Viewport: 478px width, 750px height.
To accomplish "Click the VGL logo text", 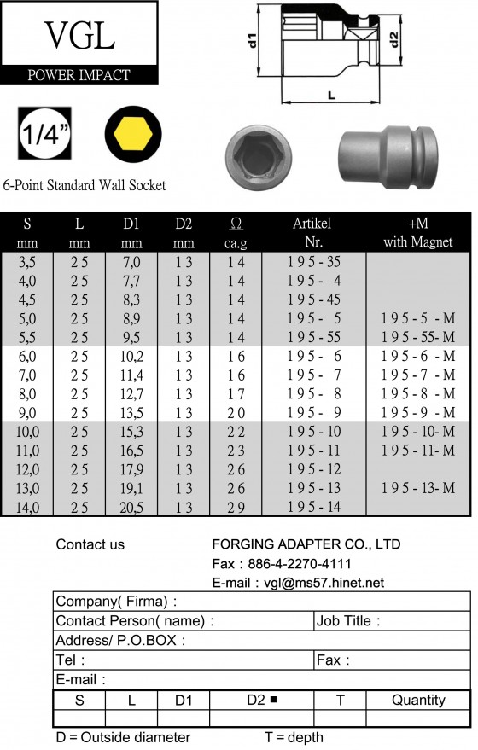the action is point(79,35).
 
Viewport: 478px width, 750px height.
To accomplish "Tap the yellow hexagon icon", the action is point(133,134).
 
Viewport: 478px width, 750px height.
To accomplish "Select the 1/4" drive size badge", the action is point(44,133).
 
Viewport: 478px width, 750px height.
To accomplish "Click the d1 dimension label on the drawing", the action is point(252,40).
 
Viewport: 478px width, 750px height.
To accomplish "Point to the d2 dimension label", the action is point(393,39).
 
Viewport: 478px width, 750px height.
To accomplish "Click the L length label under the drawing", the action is point(331,96).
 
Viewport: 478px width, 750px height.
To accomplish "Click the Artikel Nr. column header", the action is point(312,232).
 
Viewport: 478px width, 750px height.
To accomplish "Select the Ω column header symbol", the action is point(236,224).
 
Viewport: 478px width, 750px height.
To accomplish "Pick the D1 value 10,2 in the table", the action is point(131,357).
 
